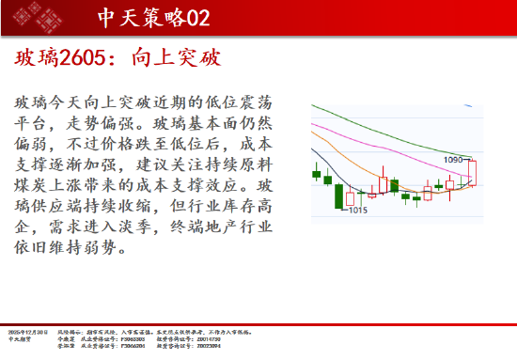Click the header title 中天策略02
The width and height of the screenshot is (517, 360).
coord(153,17)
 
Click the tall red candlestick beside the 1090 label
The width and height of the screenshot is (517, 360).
coord(475,173)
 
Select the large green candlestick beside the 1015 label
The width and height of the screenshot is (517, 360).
coord(338,196)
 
